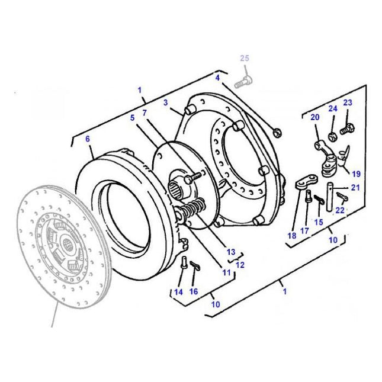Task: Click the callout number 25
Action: point(245,57)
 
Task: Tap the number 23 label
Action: point(347,102)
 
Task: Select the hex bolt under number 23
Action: point(348,126)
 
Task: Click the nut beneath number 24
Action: point(333,136)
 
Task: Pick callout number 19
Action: point(355,174)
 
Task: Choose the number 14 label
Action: point(178,291)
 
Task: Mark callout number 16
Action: point(194,291)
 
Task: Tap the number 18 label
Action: point(291,236)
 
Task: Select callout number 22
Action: point(339,210)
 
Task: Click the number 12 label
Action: point(240,265)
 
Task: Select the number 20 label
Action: point(314,117)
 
